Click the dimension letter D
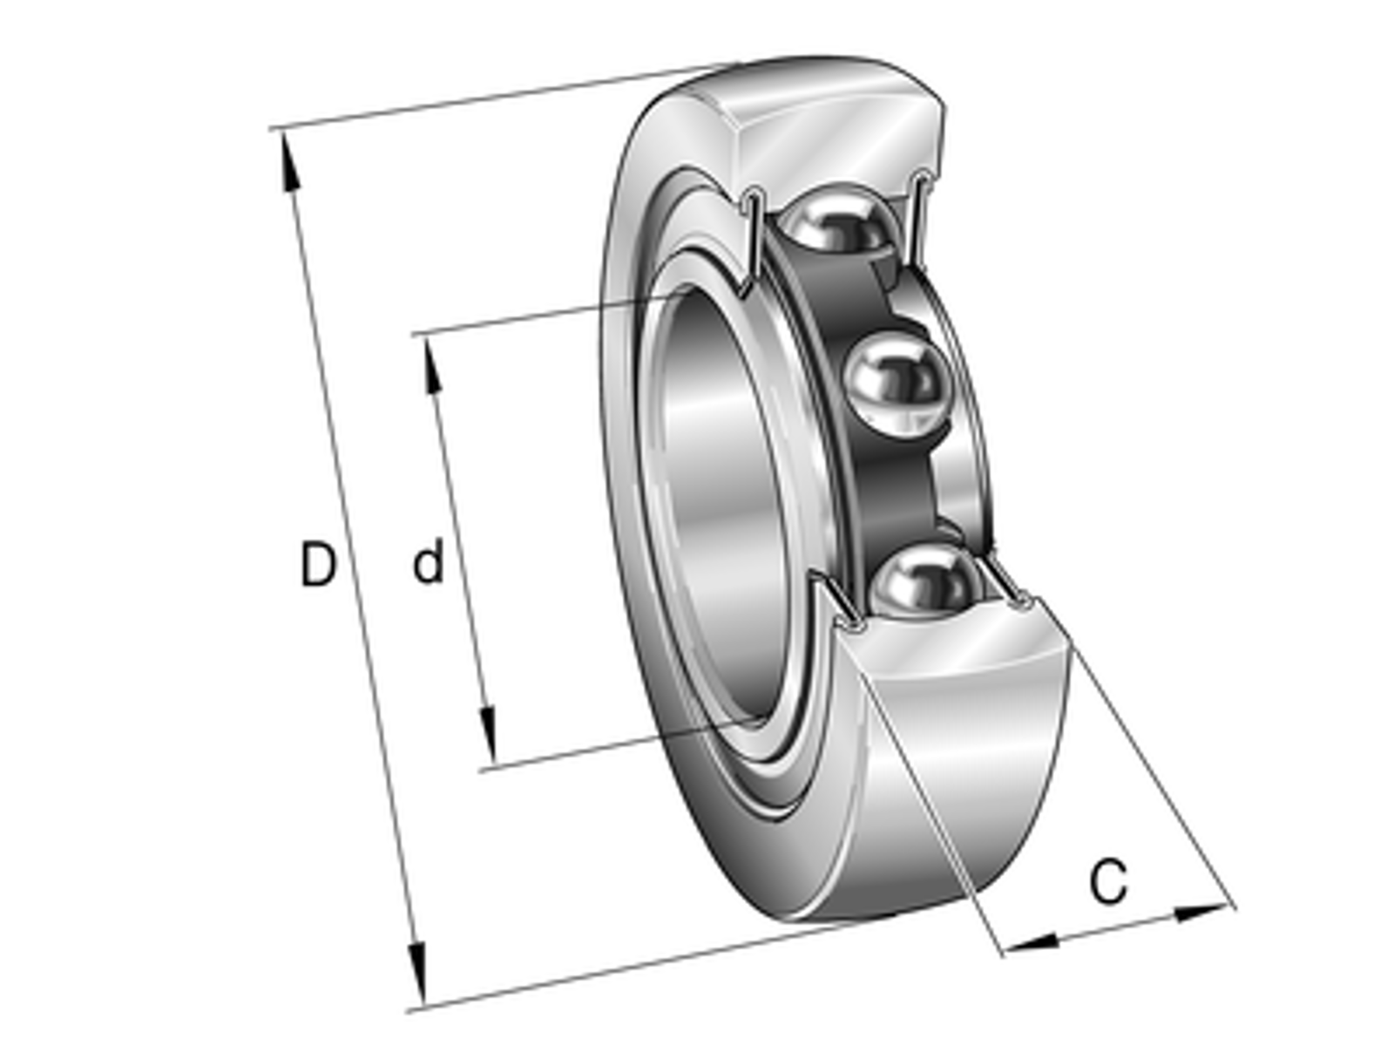pos(316,563)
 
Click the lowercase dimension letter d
pos(428,560)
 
